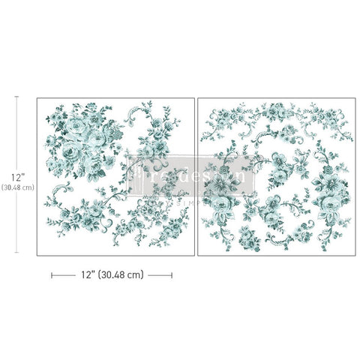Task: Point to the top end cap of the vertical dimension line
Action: (x=18, y=97)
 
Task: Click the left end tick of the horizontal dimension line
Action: (x=51, y=275)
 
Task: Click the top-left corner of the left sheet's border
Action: (x=36, y=97)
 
